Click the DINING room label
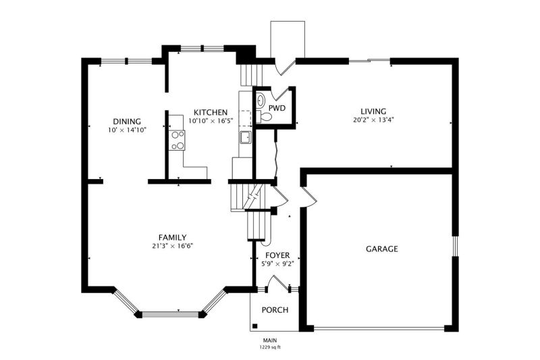pyautogui.click(x=127, y=122)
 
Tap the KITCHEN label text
pyautogui.click(x=211, y=113)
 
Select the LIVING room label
pyautogui.click(x=373, y=111)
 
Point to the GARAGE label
pyautogui.click(x=382, y=249)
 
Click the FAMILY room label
pyautogui.click(x=173, y=237)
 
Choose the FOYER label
pyautogui.click(x=277, y=255)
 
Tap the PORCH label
pyautogui.click(x=275, y=310)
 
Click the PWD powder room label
pyautogui.click(x=277, y=108)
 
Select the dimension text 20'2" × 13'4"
pyautogui.click(x=373, y=120)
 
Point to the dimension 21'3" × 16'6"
pyautogui.click(x=173, y=246)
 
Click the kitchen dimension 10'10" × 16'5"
pyautogui.click(x=211, y=121)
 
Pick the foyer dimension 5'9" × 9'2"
pyautogui.click(x=277, y=264)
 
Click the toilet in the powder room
pyautogui.click(x=264, y=116)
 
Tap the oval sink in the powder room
pyautogui.click(x=261, y=100)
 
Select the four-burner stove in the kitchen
pyautogui.click(x=177, y=140)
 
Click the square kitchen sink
pyautogui.click(x=246, y=137)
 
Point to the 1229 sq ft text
pyautogui.click(x=270, y=347)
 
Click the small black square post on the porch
pyautogui.click(x=255, y=326)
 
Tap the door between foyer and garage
pyautogui.click(x=309, y=197)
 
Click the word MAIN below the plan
pyautogui.click(x=270, y=340)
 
